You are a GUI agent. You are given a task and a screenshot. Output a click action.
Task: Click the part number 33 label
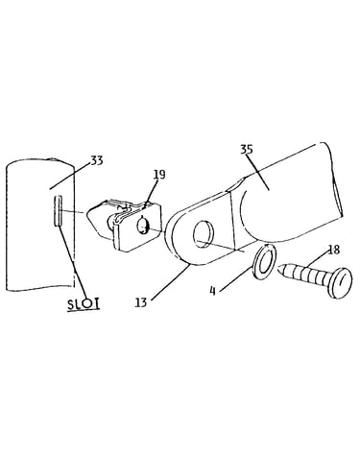[x=97, y=160]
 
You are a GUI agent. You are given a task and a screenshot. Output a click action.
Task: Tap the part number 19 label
[x=159, y=175]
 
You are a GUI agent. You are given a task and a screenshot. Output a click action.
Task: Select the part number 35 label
[x=247, y=150]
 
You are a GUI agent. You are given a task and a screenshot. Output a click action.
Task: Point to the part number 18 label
[x=334, y=250]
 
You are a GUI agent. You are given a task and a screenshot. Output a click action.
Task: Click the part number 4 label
[x=212, y=291]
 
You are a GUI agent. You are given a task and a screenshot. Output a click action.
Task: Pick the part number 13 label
[x=141, y=301]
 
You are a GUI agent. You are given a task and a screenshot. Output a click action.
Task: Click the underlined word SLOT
[x=84, y=304]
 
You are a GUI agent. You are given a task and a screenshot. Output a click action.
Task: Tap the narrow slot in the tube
[x=58, y=211]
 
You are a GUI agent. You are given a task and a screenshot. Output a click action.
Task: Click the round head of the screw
[x=339, y=282]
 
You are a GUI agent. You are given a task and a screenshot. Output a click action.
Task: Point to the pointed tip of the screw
[x=278, y=268]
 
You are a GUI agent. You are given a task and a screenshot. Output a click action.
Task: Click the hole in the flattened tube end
[x=204, y=233]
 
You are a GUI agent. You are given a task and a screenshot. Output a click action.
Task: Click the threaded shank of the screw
[x=303, y=275]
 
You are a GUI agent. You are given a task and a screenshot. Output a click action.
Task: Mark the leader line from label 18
[x=317, y=259]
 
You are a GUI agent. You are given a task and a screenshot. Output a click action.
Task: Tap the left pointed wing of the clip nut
[x=95, y=218]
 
